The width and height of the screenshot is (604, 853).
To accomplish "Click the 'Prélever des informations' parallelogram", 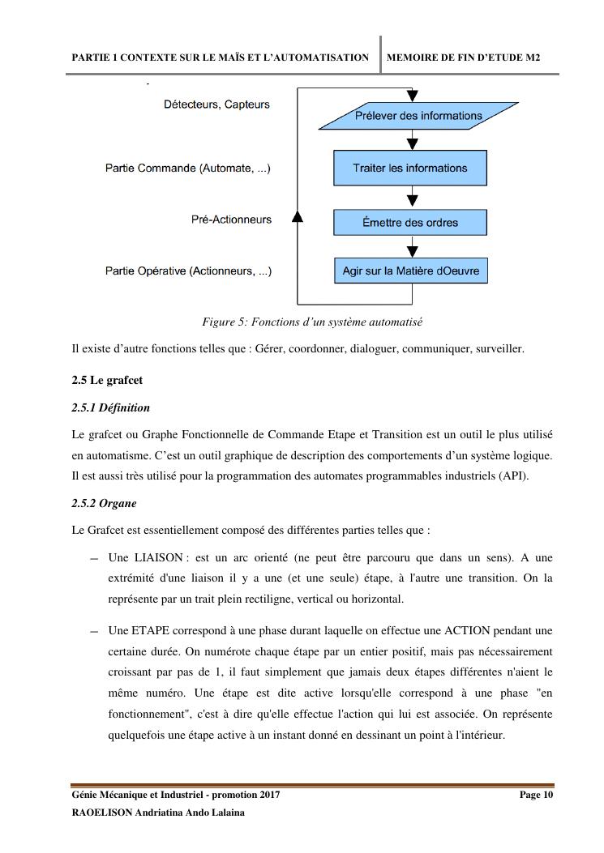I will point(418,116).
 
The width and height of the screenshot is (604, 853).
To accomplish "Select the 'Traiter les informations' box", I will point(409,168).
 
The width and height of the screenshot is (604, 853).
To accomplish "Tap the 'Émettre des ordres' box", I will point(409,223).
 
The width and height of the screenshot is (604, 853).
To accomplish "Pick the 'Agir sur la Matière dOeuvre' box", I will point(410,271).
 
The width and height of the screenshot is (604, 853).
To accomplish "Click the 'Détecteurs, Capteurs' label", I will point(216,104).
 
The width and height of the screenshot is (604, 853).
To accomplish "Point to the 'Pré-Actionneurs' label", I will point(231,220).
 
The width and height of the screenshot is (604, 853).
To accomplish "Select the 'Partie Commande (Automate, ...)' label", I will point(188,168).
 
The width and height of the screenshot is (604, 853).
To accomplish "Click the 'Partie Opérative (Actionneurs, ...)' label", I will point(188,271).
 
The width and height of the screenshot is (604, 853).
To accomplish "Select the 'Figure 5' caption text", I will point(312,322).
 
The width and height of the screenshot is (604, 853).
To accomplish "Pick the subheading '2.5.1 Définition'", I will point(110,407).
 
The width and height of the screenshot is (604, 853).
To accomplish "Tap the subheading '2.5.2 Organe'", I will point(104,503).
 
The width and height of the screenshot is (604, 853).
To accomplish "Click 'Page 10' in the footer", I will point(536,795).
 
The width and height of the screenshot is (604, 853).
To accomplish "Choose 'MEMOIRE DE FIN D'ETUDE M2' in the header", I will point(464,58).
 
